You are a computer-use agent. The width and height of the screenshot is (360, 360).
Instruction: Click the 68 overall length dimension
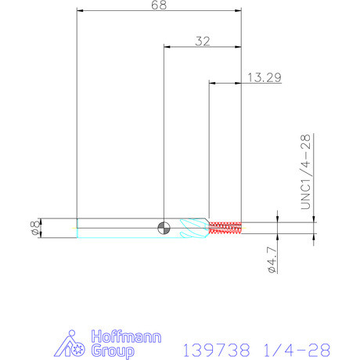pos(159,5)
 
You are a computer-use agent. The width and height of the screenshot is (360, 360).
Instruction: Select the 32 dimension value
pos(203,41)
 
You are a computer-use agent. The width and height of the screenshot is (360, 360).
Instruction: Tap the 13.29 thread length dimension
pos(265,77)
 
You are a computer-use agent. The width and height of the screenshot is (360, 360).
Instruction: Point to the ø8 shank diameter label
pos(35,228)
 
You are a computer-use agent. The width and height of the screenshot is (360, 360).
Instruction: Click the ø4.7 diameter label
pos(272,260)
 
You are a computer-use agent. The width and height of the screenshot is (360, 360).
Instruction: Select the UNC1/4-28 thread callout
pos(306,171)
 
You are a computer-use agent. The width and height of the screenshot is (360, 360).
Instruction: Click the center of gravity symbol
pos(164,229)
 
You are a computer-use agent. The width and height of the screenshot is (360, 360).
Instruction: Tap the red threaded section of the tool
pos(225,228)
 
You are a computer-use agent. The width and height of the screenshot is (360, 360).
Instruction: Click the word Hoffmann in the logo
pos(126,337)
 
